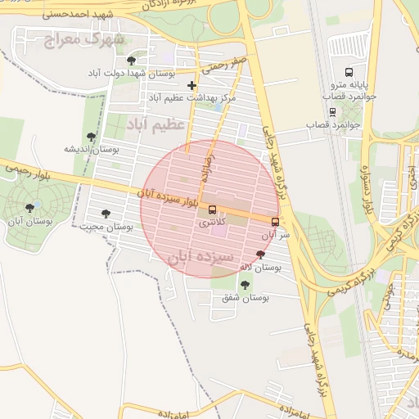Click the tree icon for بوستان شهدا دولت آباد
point(131,61)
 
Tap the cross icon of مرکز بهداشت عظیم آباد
point(191,85)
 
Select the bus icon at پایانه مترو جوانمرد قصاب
point(350,72)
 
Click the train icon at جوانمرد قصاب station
point(332,112)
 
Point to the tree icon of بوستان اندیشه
point(91,137)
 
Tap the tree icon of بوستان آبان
point(30,208)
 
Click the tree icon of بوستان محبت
point(106,213)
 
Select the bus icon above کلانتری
point(213,209)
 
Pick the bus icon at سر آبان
point(275,222)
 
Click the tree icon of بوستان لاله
point(260,255)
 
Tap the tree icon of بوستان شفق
point(245,285)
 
